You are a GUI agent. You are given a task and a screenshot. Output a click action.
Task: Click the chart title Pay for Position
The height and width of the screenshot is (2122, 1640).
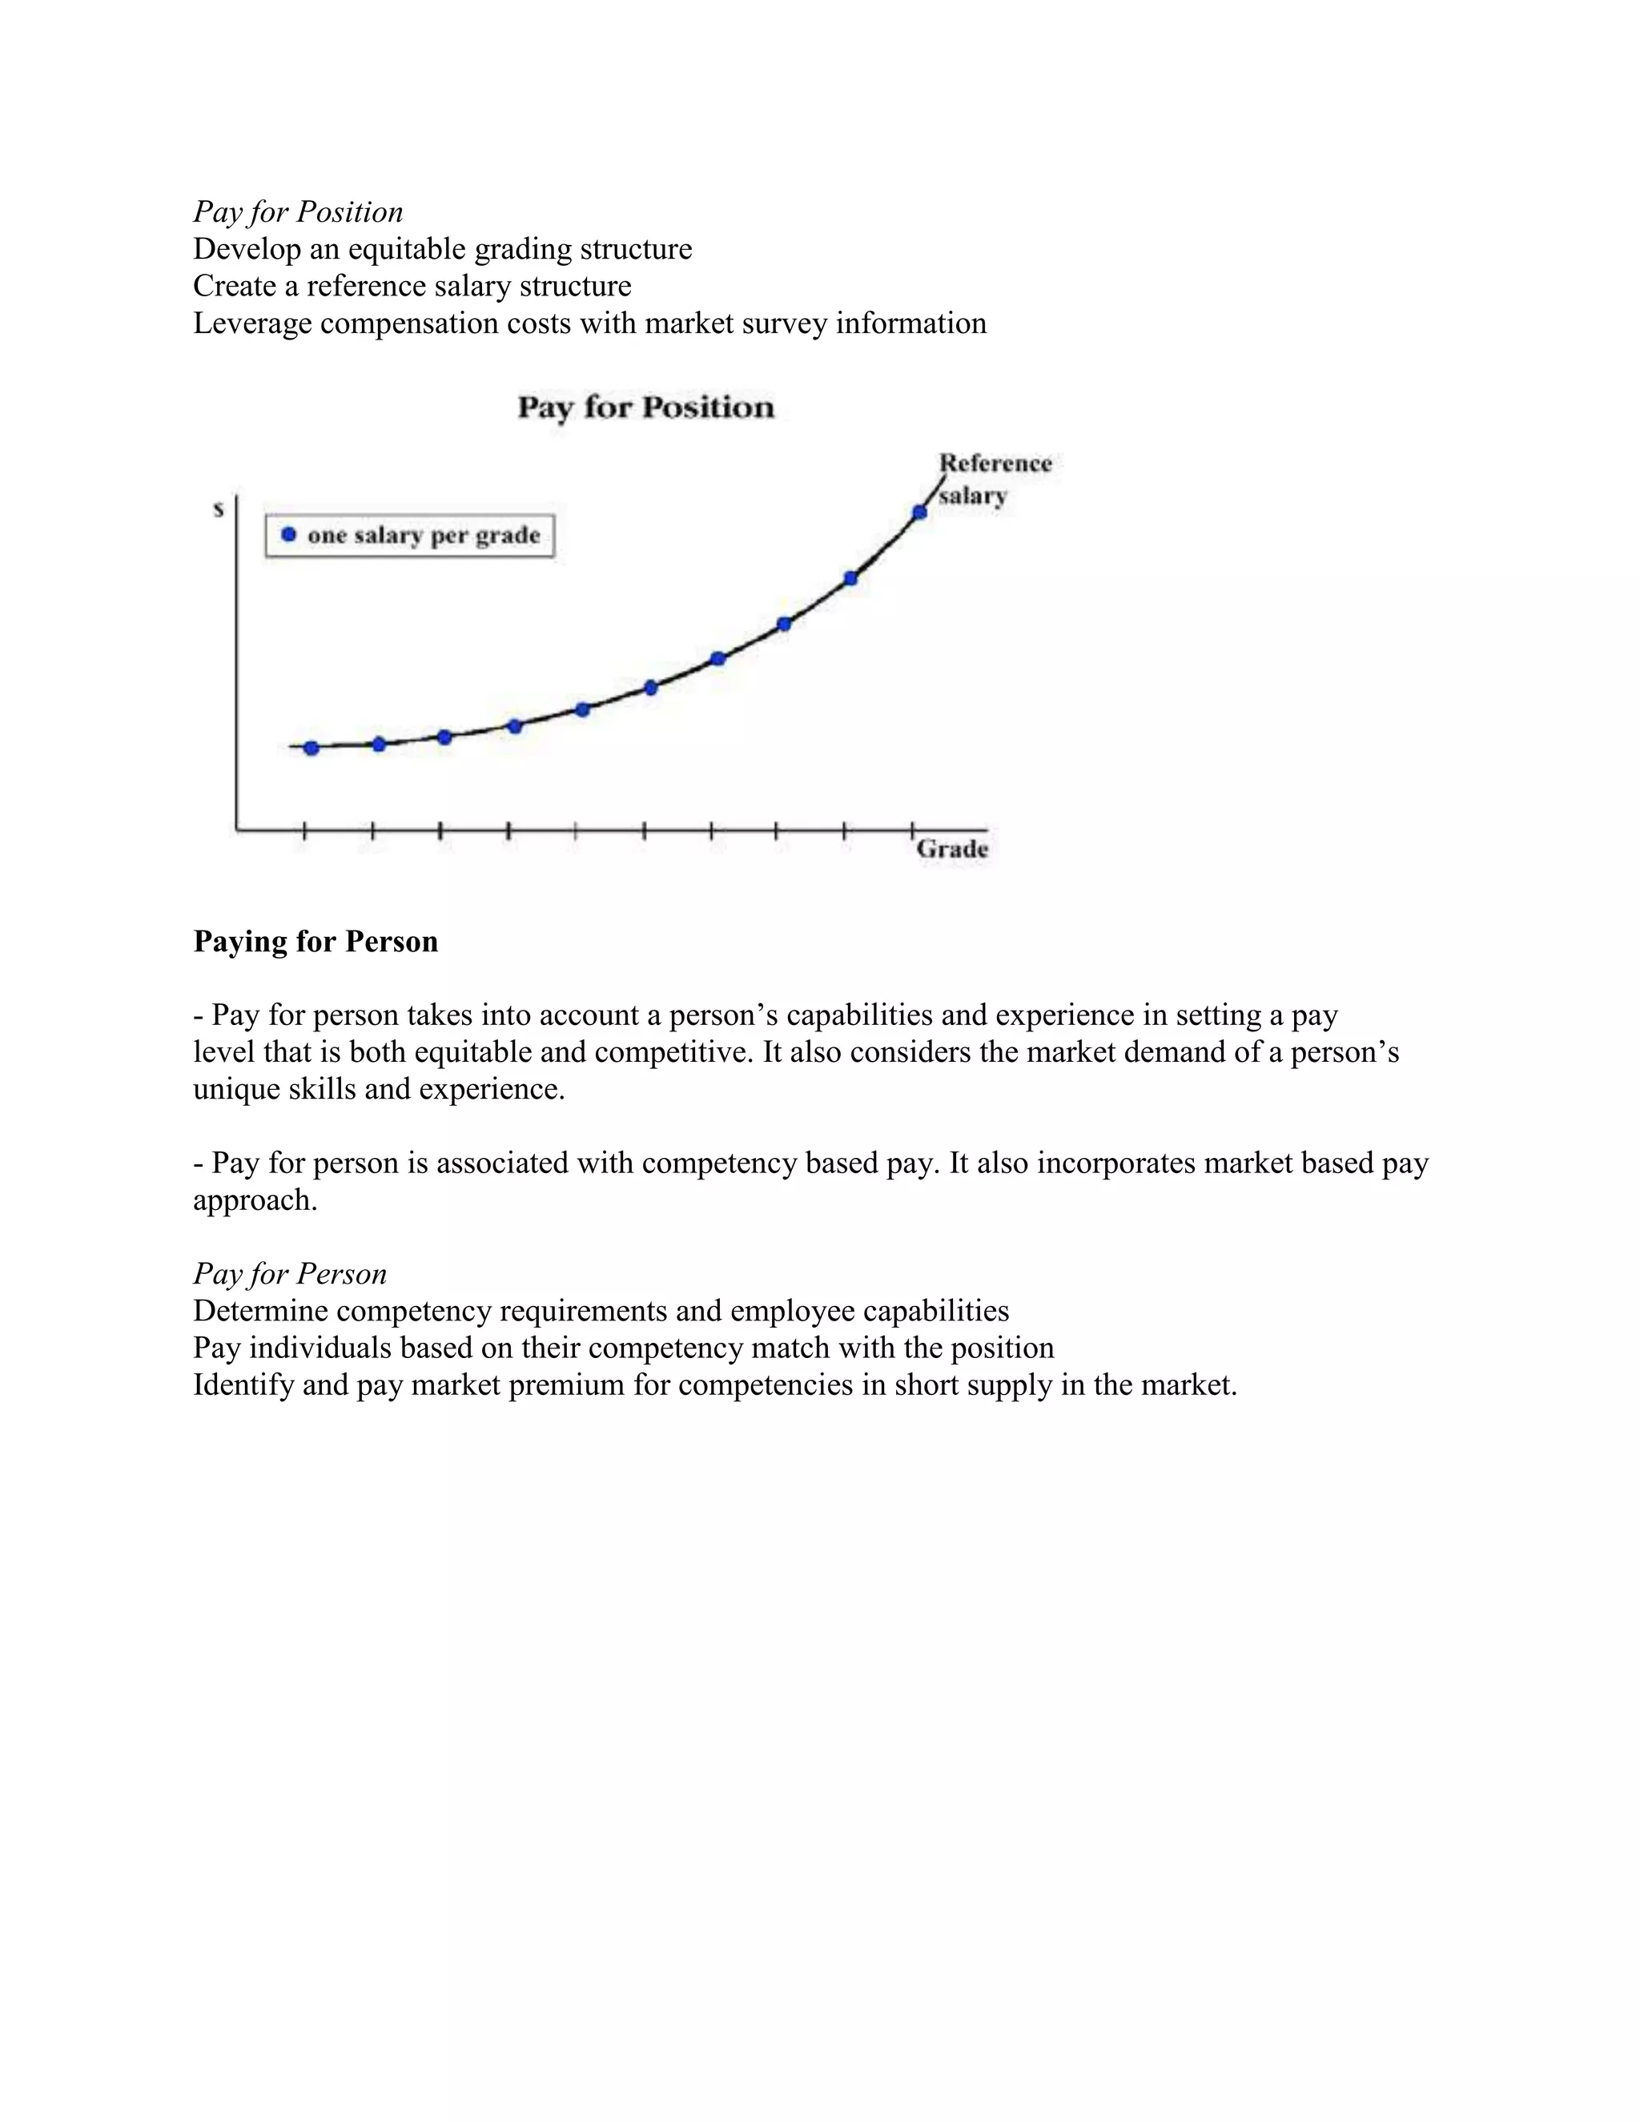(x=645, y=407)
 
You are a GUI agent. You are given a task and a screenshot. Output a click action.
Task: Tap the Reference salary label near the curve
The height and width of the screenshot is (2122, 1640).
(x=994, y=479)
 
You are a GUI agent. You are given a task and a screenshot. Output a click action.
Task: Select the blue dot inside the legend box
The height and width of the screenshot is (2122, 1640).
(x=287, y=534)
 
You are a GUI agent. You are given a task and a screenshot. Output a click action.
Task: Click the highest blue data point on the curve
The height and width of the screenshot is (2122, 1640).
(x=919, y=512)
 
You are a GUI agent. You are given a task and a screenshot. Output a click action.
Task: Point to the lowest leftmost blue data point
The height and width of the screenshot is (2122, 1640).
(x=311, y=748)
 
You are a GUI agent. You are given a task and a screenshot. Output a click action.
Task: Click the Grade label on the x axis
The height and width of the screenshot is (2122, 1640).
(x=952, y=848)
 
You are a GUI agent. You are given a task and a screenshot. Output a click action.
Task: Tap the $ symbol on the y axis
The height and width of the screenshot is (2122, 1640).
(x=219, y=509)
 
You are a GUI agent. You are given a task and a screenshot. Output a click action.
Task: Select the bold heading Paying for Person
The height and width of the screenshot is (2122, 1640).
(x=315, y=942)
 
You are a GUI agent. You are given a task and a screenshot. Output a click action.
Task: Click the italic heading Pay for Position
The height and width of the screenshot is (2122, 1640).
(x=297, y=212)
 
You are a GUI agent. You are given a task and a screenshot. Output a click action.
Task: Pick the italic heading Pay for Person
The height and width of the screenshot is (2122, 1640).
(x=290, y=1274)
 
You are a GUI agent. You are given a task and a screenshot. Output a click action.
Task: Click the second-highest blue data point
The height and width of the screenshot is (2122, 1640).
(x=850, y=578)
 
